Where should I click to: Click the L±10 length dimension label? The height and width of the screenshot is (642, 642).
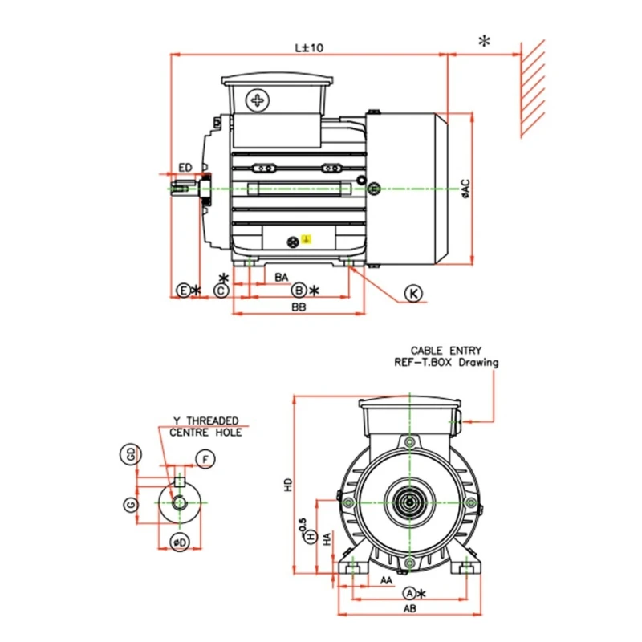point(308,47)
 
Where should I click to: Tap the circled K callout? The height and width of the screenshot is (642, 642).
point(413,294)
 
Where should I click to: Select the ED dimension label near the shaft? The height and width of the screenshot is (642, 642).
point(185,167)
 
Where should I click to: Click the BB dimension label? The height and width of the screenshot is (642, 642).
point(298,307)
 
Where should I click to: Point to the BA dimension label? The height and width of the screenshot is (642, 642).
point(282,277)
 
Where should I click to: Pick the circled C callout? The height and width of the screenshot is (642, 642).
point(221,290)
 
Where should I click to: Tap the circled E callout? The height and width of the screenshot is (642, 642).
point(183,290)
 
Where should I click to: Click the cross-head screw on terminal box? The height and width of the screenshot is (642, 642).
point(258,101)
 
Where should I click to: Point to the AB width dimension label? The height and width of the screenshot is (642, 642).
point(408,609)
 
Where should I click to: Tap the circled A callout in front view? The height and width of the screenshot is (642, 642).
point(408,593)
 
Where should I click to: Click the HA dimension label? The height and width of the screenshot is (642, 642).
point(327,540)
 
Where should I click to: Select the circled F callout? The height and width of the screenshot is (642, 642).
point(206,459)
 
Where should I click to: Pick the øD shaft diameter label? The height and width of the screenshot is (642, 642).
point(181,543)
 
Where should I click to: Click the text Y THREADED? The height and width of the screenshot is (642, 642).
point(205,421)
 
